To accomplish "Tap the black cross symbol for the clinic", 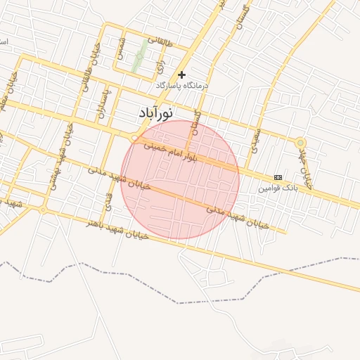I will click(182, 74).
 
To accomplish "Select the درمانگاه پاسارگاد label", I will click(182, 85).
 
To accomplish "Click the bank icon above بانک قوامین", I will click(278, 177).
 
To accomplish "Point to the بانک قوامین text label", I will click(278, 188).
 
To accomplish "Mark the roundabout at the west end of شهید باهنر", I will click(43, 210).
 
